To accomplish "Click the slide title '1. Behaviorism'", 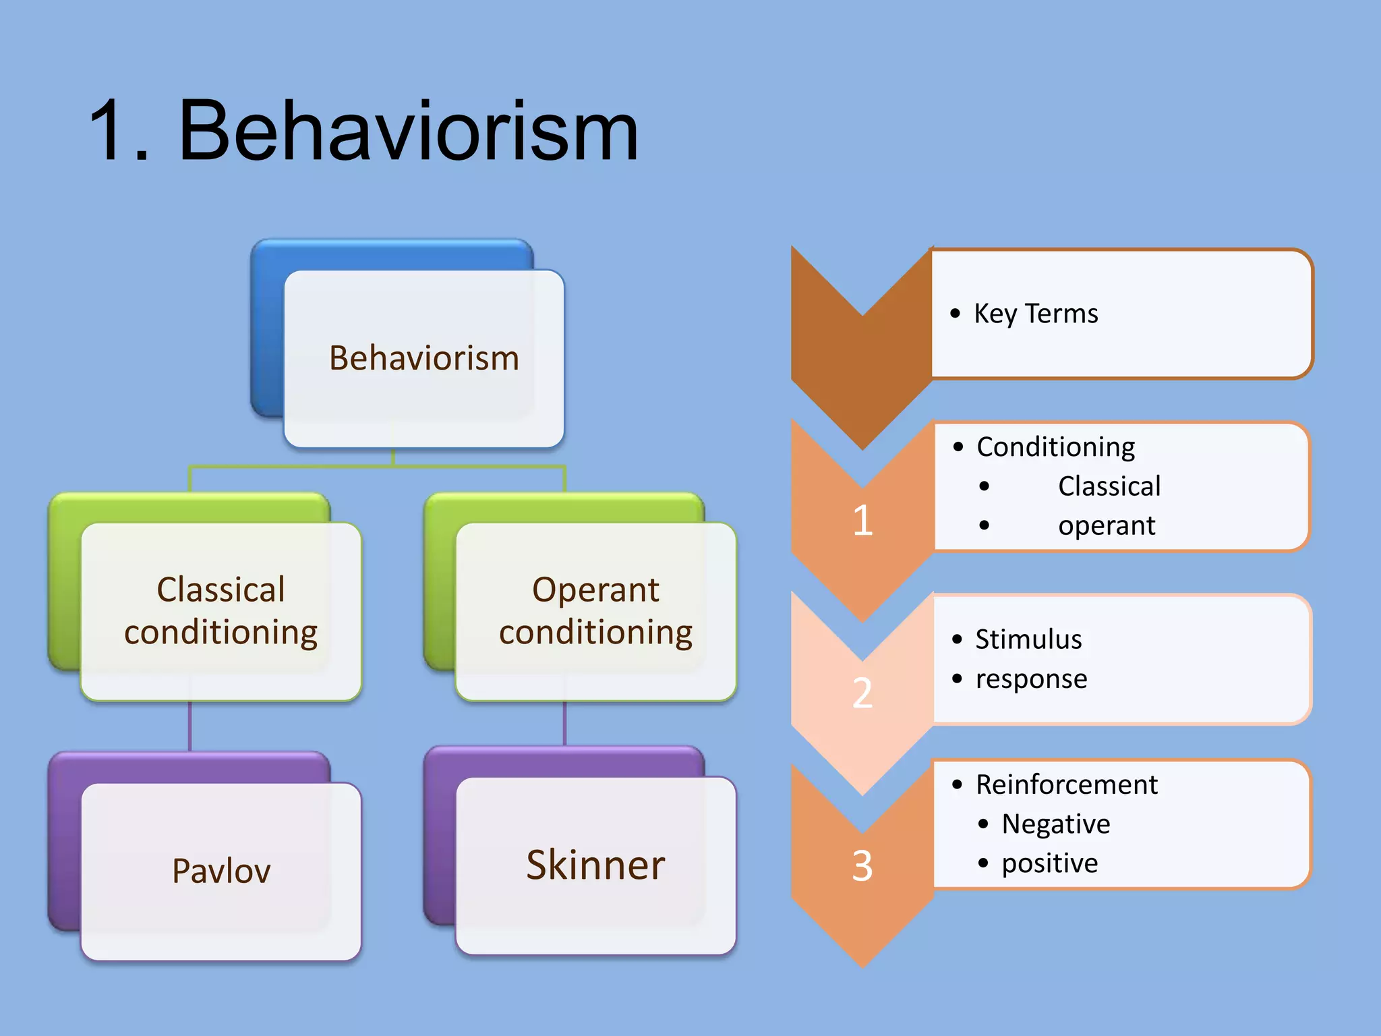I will [x=364, y=132].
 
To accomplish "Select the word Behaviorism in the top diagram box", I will [x=424, y=358].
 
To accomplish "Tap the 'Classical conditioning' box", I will [x=221, y=611].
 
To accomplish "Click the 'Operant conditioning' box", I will [x=595, y=611].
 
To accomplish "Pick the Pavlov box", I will [x=221, y=871].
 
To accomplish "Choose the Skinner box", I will [x=595, y=865].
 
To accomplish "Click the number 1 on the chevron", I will [x=862, y=521].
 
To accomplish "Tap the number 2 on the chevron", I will [x=862, y=693].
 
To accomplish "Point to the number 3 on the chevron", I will [x=862, y=866].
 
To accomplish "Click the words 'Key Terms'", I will [x=1036, y=314].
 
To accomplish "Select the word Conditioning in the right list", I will [x=1055, y=447].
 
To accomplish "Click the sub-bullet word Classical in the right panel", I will [x=1109, y=486].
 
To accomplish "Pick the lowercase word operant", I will [x=1107, y=525].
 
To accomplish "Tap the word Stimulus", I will [x=1028, y=639].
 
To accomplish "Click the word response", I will [x=1031, y=679].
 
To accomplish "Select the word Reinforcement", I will [x=1067, y=784].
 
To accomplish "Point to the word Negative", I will [x=1056, y=824].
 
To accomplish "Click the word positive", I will [x=1050, y=863].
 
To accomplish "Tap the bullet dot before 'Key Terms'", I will [x=955, y=313].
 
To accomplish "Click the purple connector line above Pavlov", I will [x=189, y=726].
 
